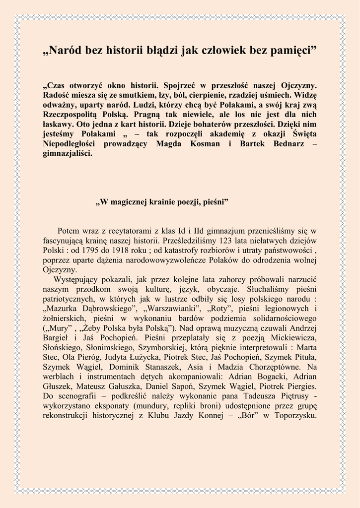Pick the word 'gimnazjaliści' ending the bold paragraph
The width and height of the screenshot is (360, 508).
68,153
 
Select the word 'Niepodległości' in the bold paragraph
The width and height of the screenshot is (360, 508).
70,144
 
